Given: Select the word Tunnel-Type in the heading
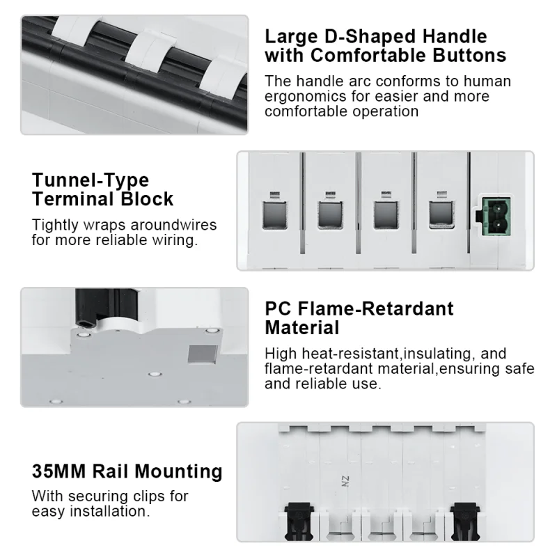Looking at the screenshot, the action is tap(91, 180).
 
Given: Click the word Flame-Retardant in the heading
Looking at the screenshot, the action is tap(375, 308).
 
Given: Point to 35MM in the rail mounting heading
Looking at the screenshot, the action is tap(59, 471).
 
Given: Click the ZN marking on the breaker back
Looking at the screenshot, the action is tap(345, 482).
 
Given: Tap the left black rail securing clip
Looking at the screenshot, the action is tap(299, 520).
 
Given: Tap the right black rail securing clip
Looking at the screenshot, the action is tap(465, 520).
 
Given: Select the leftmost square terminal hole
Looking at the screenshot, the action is tap(274, 215).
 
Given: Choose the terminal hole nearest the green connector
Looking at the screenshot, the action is tap(441, 214).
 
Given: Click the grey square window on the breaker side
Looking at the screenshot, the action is tap(203, 354).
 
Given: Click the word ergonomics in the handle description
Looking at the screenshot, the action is tap(306, 97).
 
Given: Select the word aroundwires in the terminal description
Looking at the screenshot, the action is tap(173, 225).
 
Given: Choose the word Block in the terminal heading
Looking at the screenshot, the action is tap(147, 198).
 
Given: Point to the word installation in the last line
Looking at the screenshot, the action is tap(110, 512).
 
